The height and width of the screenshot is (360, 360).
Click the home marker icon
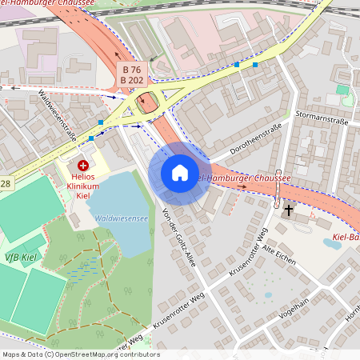179,173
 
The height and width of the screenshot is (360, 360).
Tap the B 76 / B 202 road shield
132,74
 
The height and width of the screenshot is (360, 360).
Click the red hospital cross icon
82,164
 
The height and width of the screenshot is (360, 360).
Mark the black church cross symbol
289,210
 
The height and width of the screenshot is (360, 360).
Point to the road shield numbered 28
6,184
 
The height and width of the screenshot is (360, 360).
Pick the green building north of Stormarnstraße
342,90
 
